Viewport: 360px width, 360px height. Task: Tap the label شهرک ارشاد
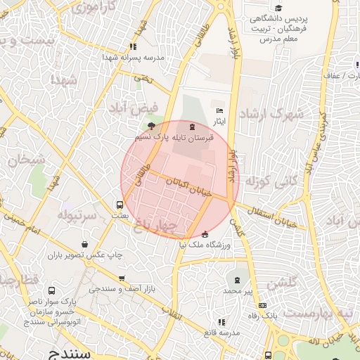coord(270,114)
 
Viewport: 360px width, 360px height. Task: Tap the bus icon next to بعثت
coord(120,205)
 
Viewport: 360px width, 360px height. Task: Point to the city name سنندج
coord(67,352)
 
